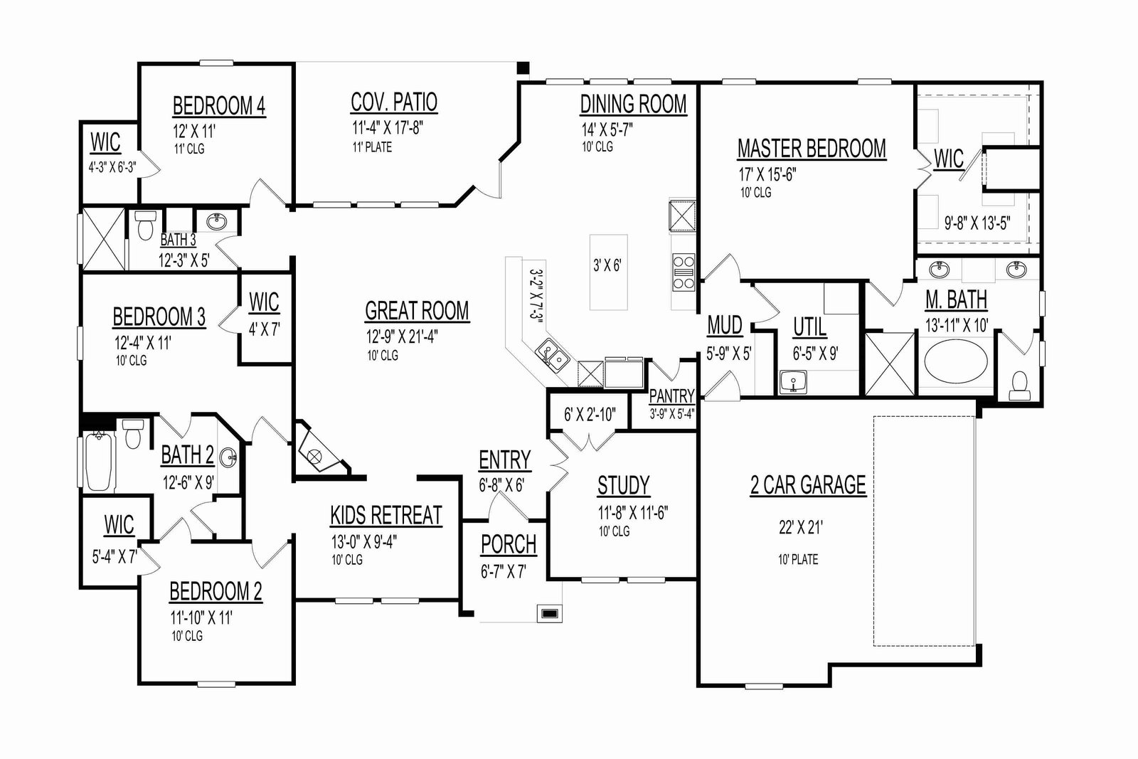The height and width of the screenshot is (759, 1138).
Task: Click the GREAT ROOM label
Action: click(x=417, y=311)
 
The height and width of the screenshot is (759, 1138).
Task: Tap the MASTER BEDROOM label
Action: click(x=812, y=149)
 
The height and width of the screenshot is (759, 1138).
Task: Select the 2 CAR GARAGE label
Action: click(x=808, y=484)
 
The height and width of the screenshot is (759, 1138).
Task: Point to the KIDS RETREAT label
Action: click(x=386, y=515)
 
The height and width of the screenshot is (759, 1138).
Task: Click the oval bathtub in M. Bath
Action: click(x=956, y=362)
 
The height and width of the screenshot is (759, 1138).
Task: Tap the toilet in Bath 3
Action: click(x=145, y=225)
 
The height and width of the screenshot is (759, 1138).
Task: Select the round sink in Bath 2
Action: click(x=228, y=459)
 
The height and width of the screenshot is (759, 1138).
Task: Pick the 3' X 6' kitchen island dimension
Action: click(x=607, y=265)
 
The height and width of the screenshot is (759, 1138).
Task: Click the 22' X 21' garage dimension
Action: click(x=801, y=528)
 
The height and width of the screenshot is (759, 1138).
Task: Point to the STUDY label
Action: click(x=623, y=485)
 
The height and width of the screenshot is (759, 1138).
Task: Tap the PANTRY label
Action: click(x=671, y=396)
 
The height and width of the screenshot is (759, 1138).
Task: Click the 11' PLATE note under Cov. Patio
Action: click(x=372, y=147)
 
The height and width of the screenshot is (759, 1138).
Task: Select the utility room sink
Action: click(x=793, y=381)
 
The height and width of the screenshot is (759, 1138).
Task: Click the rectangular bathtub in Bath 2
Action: click(x=99, y=461)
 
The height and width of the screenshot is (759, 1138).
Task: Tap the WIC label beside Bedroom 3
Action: click(x=264, y=302)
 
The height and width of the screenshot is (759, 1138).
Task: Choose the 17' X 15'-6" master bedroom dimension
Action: click(x=767, y=175)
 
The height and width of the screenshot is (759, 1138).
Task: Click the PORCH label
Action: click(x=509, y=545)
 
